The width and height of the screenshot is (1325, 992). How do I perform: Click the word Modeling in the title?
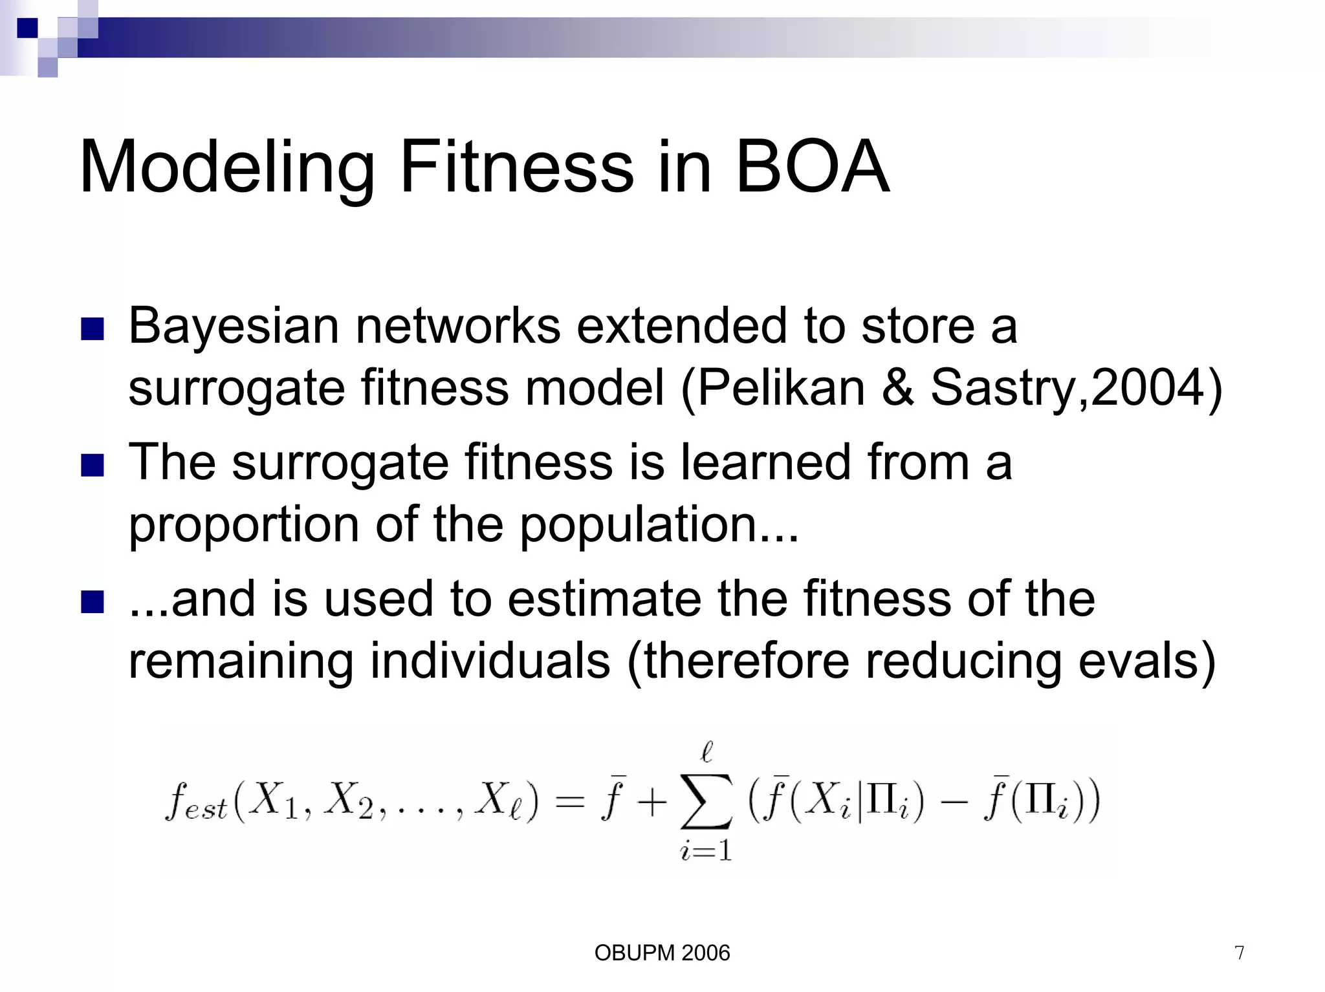(x=226, y=168)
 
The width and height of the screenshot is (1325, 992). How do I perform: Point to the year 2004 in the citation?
(x=1148, y=388)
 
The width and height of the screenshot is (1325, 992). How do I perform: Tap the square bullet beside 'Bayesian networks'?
(x=93, y=329)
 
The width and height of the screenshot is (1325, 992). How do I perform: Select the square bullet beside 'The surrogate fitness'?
(x=93, y=466)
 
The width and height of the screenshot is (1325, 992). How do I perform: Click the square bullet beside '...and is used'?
(x=93, y=602)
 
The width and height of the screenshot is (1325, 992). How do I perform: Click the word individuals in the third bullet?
(x=490, y=662)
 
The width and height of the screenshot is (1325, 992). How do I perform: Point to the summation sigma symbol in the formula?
(x=706, y=803)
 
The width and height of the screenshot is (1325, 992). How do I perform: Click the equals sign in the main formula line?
(x=570, y=803)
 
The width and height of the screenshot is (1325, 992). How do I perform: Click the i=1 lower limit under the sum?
(x=706, y=850)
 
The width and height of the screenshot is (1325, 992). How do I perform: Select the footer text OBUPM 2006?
(x=662, y=953)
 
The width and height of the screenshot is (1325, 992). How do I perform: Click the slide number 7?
(x=1239, y=953)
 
